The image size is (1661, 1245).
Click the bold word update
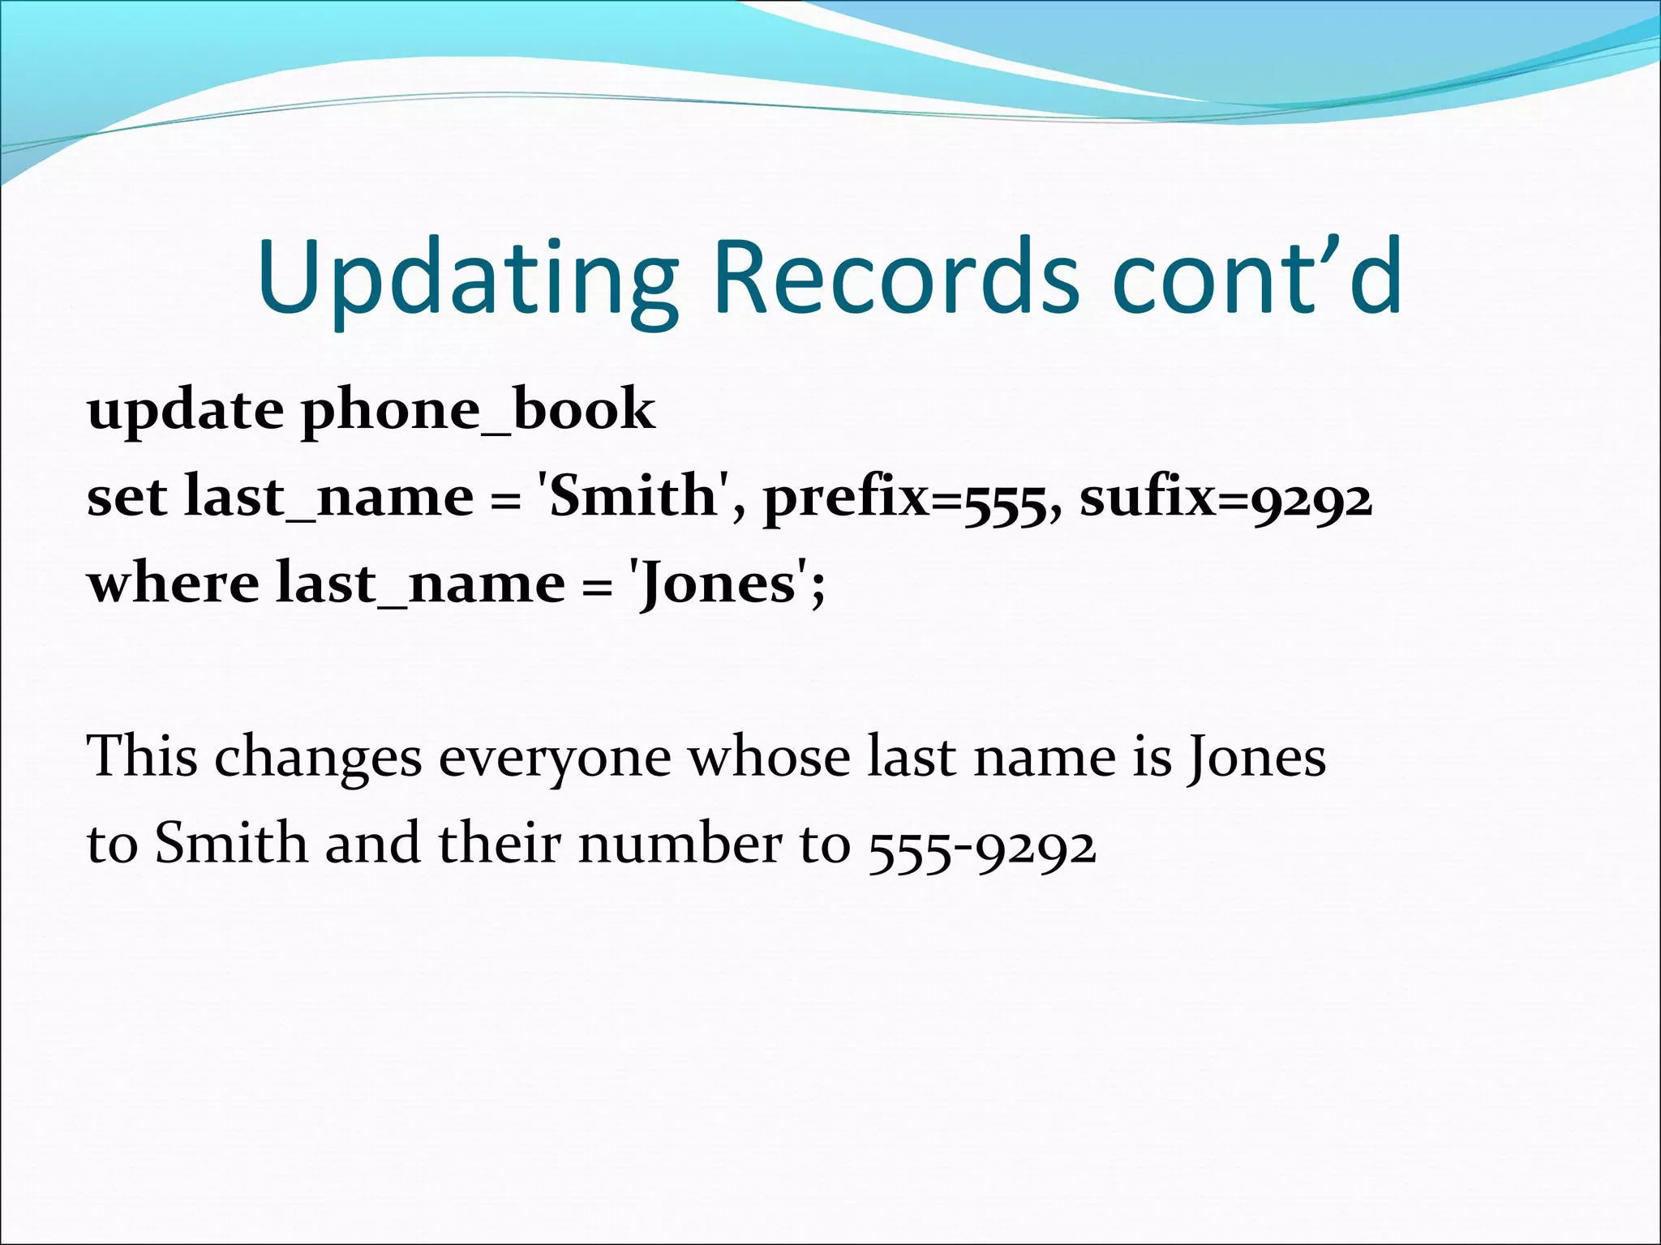tap(186, 412)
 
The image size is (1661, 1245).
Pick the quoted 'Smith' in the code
tap(632, 496)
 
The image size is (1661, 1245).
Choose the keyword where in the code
tap(174, 584)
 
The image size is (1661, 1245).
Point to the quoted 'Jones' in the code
tap(719, 584)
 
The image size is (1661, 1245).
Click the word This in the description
tap(142, 756)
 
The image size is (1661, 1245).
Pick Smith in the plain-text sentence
tap(231, 844)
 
